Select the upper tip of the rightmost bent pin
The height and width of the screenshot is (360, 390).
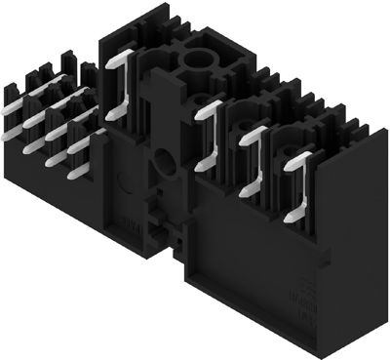point(311,154)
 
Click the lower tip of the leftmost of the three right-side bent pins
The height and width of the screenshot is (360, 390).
point(201,167)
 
